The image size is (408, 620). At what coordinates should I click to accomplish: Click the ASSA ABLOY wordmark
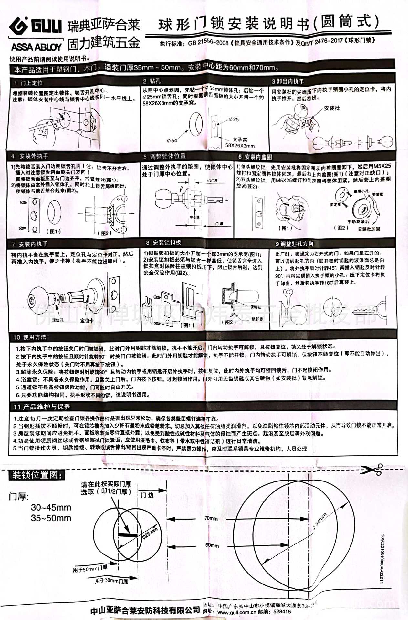click(x=36, y=47)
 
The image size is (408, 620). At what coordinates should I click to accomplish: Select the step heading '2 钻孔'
click(x=152, y=81)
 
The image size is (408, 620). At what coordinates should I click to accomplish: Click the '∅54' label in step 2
click(x=172, y=140)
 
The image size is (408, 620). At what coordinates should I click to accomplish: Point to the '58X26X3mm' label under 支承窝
click(x=240, y=146)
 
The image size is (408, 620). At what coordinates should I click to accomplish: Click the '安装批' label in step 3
click(x=332, y=108)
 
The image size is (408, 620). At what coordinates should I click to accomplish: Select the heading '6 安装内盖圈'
click(x=255, y=157)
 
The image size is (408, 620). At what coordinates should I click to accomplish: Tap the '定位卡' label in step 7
click(x=87, y=320)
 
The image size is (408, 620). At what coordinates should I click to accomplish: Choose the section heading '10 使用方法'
click(x=31, y=337)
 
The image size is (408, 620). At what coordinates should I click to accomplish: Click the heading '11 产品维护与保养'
click(x=42, y=407)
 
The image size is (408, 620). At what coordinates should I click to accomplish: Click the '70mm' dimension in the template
click(x=211, y=518)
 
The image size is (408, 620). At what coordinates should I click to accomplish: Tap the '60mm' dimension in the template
click(x=212, y=545)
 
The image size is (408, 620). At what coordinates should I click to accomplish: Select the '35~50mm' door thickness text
click(x=51, y=518)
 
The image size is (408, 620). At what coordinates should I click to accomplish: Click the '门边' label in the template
click(x=147, y=495)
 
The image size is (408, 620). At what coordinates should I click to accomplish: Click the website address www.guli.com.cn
click(x=236, y=612)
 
